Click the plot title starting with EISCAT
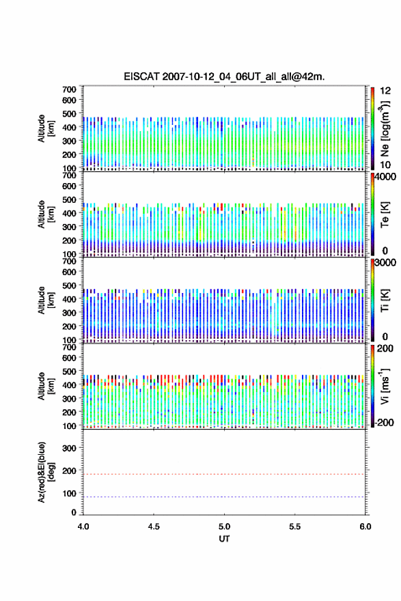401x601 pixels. (224, 76)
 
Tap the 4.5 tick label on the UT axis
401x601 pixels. (154, 527)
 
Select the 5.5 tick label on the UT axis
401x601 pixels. (295, 527)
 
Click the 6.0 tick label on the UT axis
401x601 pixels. (365, 527)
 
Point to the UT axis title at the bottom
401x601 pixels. (224, 539)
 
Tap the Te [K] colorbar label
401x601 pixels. (385, 214)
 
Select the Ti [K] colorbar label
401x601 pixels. (385, 300)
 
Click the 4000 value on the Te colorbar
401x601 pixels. (385, 177)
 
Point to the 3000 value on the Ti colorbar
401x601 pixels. (385, 263)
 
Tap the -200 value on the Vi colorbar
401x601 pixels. (385, 422)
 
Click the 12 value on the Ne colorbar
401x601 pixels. (385, 91)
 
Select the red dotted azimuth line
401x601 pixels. (224, 474)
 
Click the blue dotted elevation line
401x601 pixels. (224, 497)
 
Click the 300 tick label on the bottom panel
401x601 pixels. (69, 448)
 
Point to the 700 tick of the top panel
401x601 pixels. (69, 89)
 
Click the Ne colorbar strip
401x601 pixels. (372, 129)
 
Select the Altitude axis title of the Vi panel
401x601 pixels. (46, 387)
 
